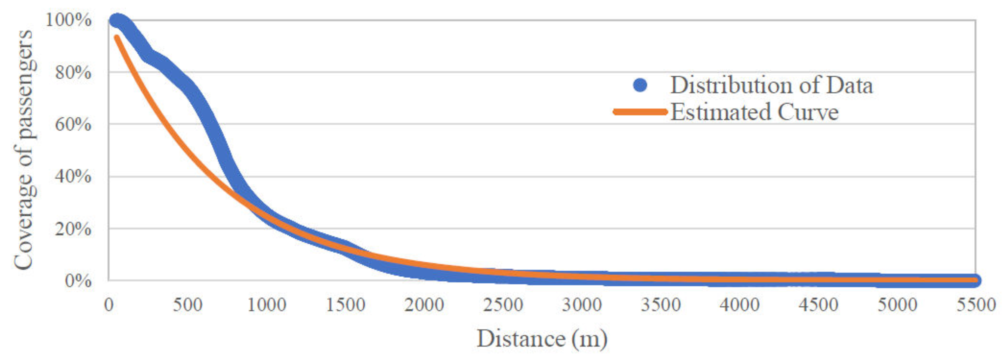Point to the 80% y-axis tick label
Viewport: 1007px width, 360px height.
(73, 72)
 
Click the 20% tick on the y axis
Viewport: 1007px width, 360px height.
(73, 229)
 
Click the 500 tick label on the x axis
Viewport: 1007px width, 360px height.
(188, 305)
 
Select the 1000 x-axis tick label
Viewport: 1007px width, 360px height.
(267, 305)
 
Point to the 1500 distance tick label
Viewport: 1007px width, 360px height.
(345, 305)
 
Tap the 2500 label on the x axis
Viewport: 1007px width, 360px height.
(503, 305)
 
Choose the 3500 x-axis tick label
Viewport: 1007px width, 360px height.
(661, 305)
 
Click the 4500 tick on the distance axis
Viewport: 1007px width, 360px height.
(818, 305)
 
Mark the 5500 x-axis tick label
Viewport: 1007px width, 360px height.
(976, 305)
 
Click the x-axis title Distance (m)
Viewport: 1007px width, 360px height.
(542, 339)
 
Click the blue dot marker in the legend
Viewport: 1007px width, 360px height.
(640, 85)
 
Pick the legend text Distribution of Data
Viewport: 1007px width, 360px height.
(771, 85)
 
